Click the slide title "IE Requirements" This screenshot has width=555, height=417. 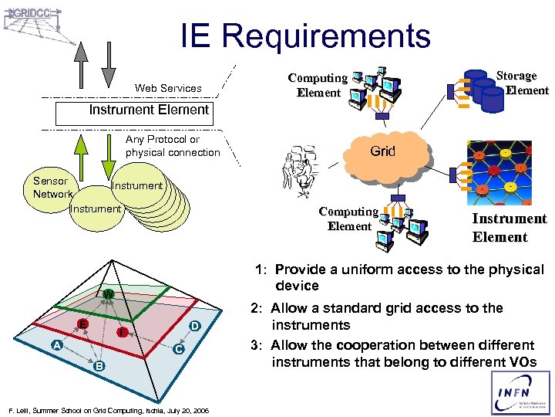point(305,36)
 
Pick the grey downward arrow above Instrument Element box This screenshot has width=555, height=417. point(109,63)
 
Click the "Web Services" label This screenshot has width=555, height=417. point(168,88)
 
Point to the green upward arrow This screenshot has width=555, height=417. point(82,156)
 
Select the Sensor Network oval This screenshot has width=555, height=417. point(52,188)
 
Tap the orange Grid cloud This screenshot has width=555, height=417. point(383,152)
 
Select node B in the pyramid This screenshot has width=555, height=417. point(99,364)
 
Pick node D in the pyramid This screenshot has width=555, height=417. point(196,327)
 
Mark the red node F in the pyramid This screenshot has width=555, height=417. point(121,332)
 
